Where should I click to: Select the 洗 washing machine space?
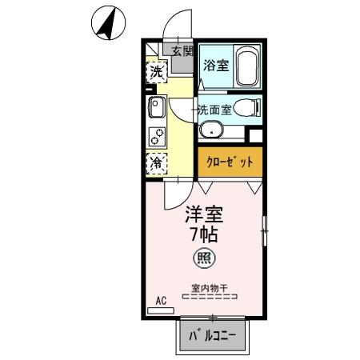pyautogui.click(x=157, y=71)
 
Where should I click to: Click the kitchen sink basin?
pyautogui.click(x=157, y=107)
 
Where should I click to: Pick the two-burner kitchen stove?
pyautogui.click(x=157, y=137)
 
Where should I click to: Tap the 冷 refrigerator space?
pyautogui.click(x=157, y=163)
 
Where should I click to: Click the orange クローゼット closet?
pyautogui.click(x=230, y=162)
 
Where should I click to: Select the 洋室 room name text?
pyautogui.click(x=204, y=215)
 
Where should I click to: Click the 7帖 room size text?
pyautogui.click(x=204, y=236)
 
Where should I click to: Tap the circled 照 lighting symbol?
pyautogui.click(x=205, y=258)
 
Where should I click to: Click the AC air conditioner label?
pyautogui.click(x=160, y=301)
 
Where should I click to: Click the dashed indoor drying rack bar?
pyautogui.click(x=210, y=297)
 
